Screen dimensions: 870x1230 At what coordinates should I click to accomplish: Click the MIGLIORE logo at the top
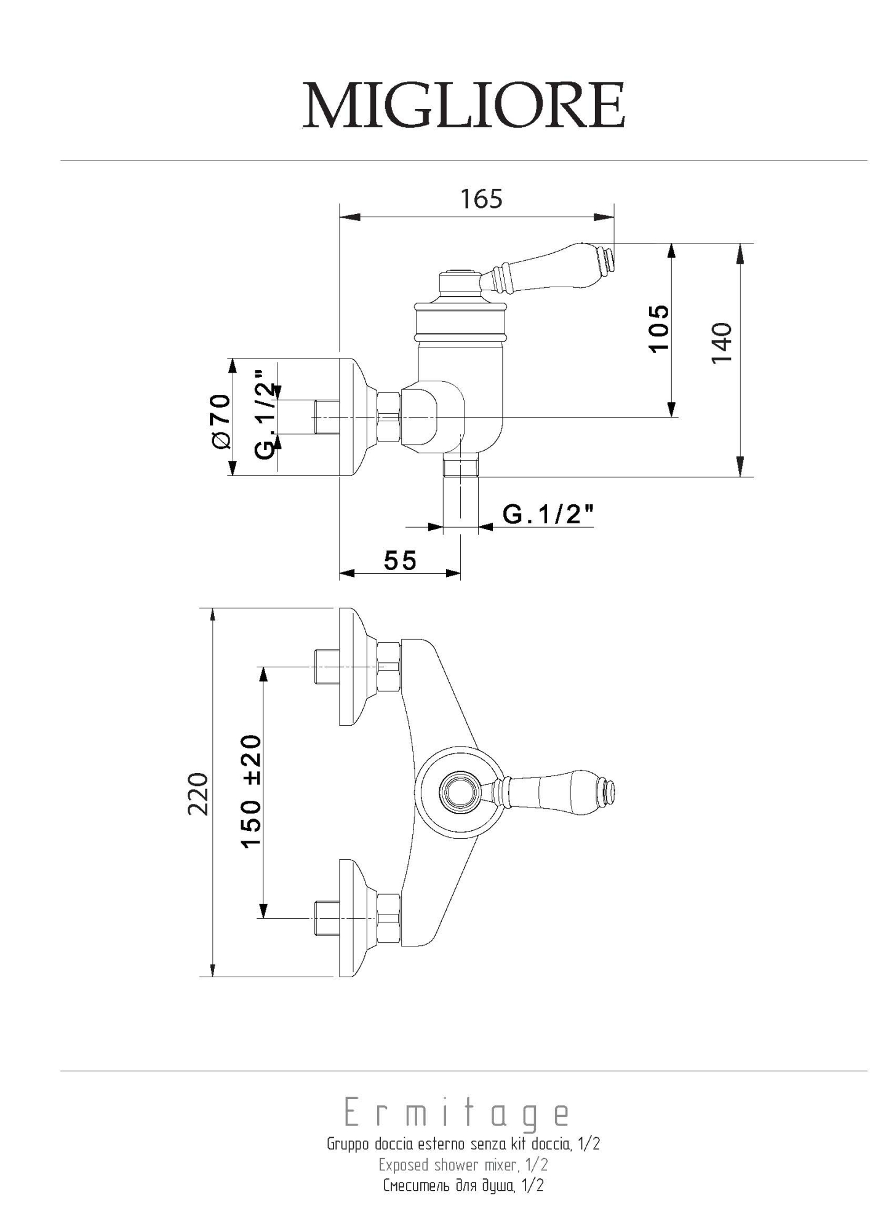464,105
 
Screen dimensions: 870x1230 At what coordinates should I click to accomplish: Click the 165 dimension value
481,199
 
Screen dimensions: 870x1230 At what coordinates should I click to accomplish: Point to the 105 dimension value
658,328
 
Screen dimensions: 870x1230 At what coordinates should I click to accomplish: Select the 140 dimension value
722,343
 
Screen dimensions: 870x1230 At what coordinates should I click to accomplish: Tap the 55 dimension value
400,560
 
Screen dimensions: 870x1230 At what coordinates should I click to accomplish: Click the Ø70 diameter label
221,421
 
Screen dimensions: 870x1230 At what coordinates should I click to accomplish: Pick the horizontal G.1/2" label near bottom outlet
548,514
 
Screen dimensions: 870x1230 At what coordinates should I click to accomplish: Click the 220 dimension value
198,794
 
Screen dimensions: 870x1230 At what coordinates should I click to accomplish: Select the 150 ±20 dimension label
251,792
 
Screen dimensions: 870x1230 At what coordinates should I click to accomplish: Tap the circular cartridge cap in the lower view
458,791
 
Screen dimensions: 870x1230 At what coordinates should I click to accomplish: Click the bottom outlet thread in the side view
461,467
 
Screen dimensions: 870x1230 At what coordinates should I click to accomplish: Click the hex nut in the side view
389,417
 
